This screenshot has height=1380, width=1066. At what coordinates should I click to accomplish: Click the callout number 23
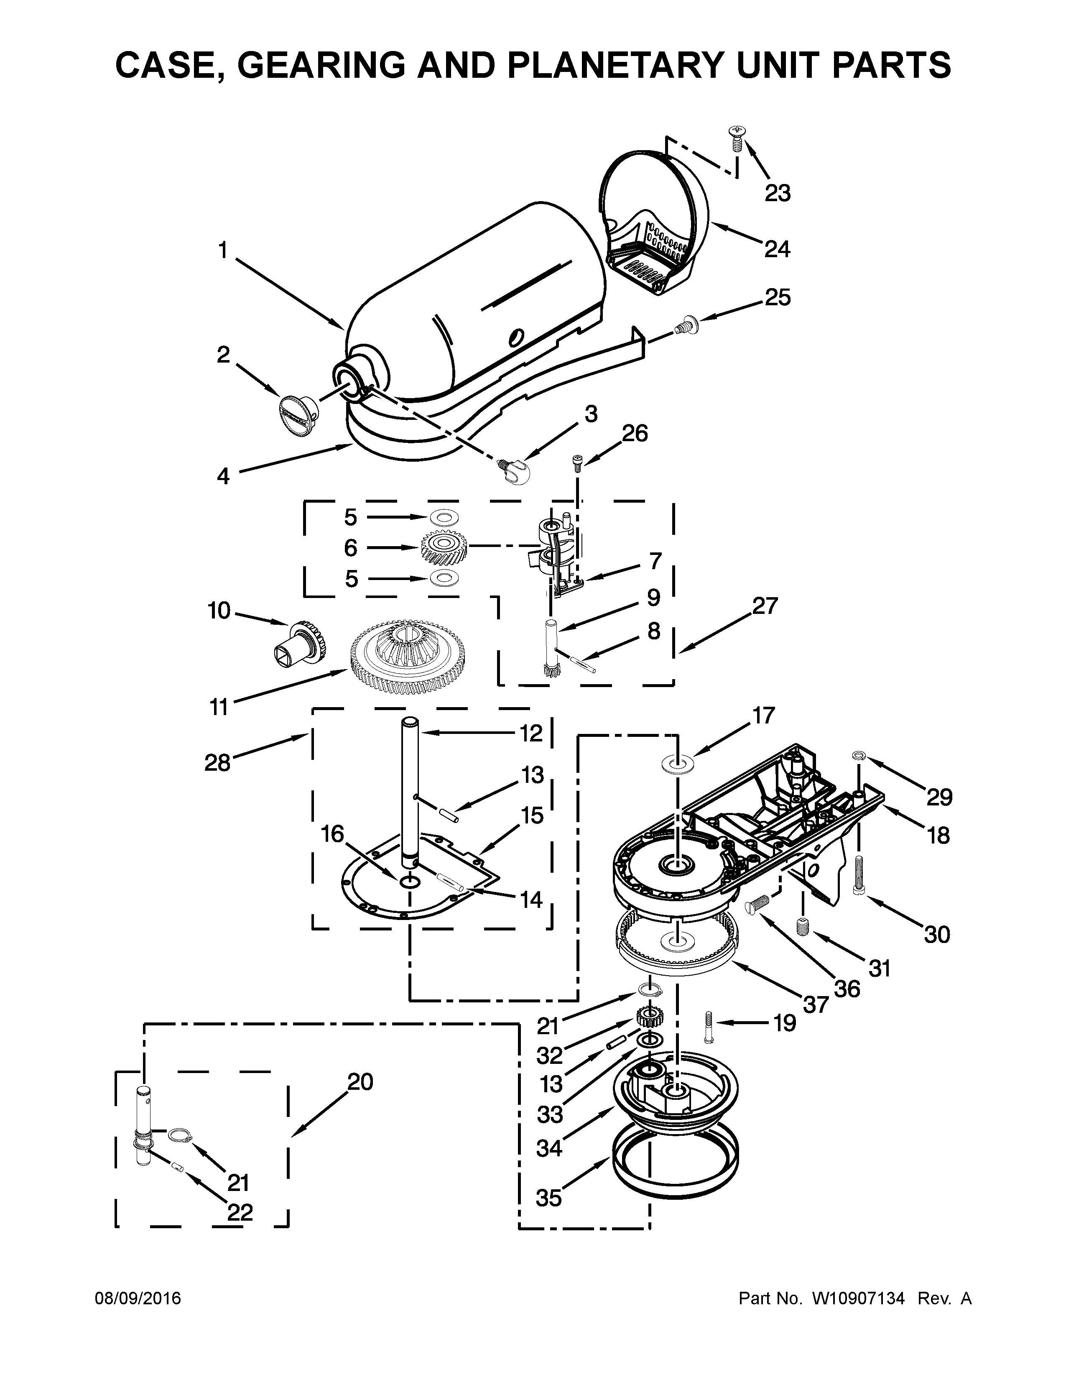point(778,193)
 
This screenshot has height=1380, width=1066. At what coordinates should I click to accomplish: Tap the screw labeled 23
point(736,138)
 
